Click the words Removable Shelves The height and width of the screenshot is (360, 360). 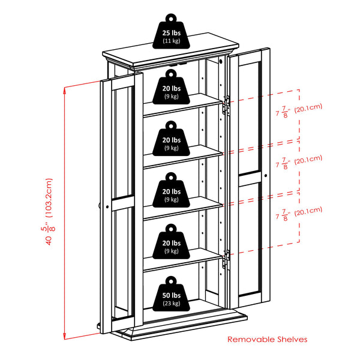click(267, 340)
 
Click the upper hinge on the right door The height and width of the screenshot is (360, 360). click(226, 104)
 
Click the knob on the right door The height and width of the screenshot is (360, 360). click(265, 175)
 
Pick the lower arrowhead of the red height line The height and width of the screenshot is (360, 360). click(65, 337)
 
